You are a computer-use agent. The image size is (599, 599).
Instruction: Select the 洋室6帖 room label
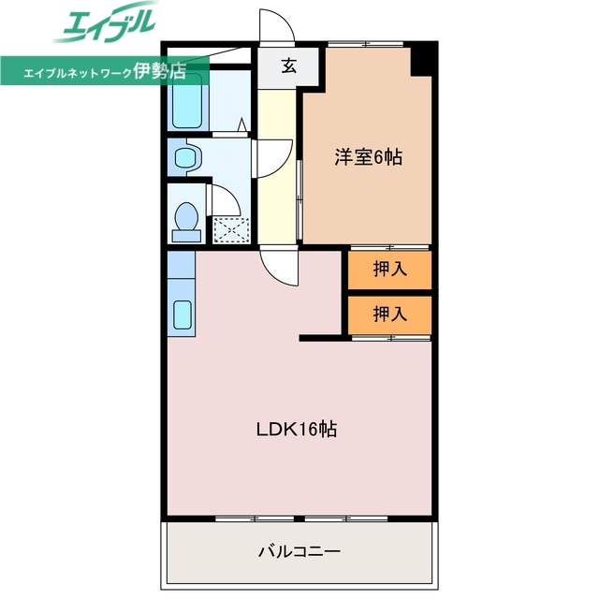368,157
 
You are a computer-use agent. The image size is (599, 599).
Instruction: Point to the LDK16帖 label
297,430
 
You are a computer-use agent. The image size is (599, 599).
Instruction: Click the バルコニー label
299,550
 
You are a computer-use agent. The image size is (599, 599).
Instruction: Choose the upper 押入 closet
389,270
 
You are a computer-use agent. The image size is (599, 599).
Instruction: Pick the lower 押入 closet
389,314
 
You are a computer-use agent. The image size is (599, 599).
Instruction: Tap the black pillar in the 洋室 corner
424,60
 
